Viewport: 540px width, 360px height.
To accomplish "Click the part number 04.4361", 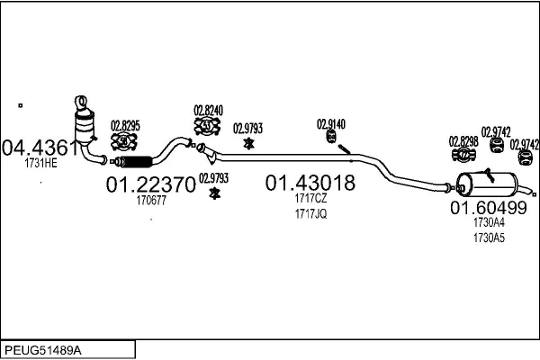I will [40, 147].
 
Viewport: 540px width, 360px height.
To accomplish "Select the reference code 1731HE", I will [40, 163].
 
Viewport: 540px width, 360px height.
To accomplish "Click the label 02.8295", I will [125, 126].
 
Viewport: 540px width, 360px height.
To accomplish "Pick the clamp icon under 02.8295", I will [124, 141].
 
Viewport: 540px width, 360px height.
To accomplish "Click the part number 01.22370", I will [150, 185].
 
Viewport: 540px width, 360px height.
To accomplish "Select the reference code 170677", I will [150, 201].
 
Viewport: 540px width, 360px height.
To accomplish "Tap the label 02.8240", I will [208, 112].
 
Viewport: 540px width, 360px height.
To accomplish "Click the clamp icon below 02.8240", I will [208, 129].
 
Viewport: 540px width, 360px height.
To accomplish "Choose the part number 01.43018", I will [310, 184].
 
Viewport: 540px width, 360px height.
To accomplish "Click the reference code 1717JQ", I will [310, 214].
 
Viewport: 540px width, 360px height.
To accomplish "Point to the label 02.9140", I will [330, 124].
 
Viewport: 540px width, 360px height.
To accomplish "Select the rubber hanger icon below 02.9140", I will [330, 138].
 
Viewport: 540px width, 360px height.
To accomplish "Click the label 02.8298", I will [463, 141].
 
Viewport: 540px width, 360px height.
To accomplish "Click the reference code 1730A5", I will [489, 238].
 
